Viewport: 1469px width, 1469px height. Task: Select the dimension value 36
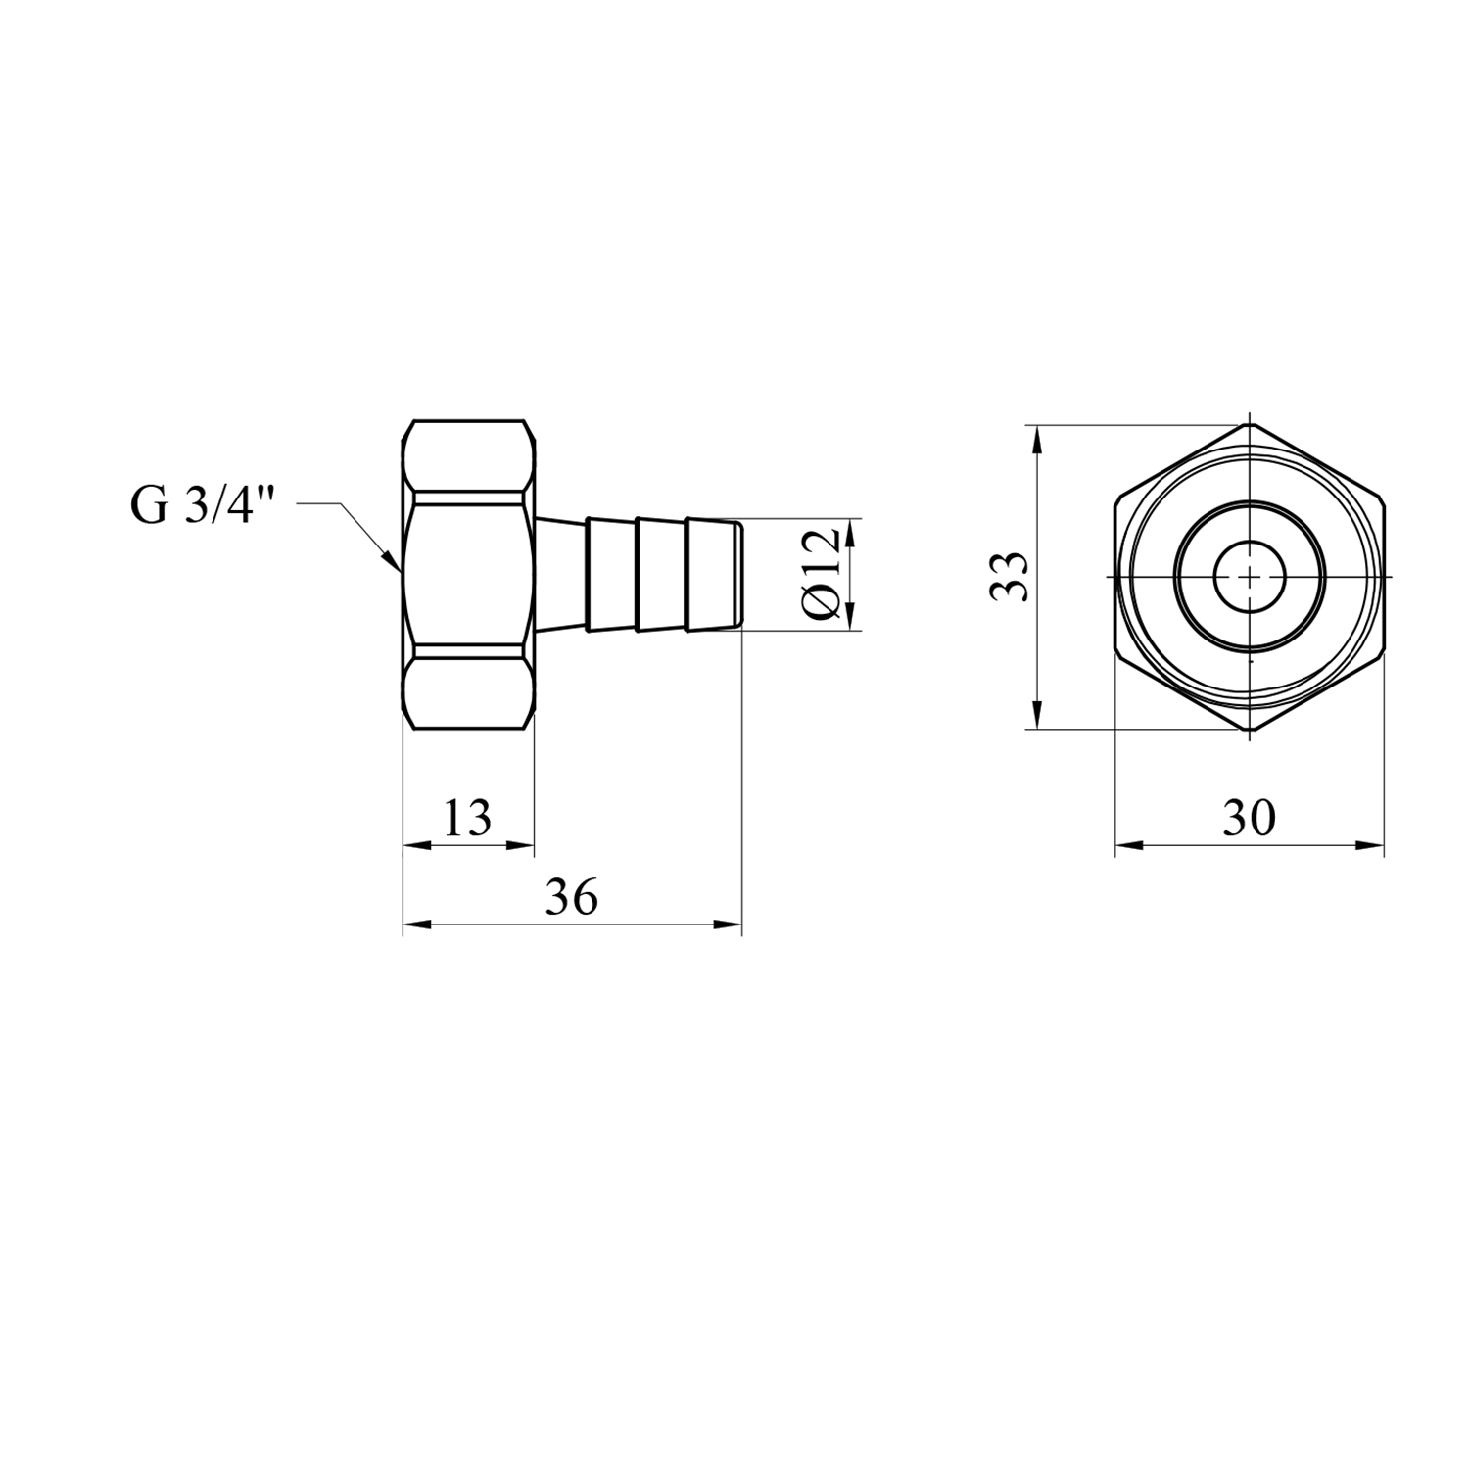point(572,897)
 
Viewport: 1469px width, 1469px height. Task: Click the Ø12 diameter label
point(820,572)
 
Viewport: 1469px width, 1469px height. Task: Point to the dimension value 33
point(1009,577)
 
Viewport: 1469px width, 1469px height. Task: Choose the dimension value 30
point(1249,818)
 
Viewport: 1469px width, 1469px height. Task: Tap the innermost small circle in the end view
point(1250,577)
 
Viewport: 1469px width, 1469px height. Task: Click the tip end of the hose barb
point(740,576)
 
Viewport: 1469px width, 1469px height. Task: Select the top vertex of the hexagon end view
point(1250,425)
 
